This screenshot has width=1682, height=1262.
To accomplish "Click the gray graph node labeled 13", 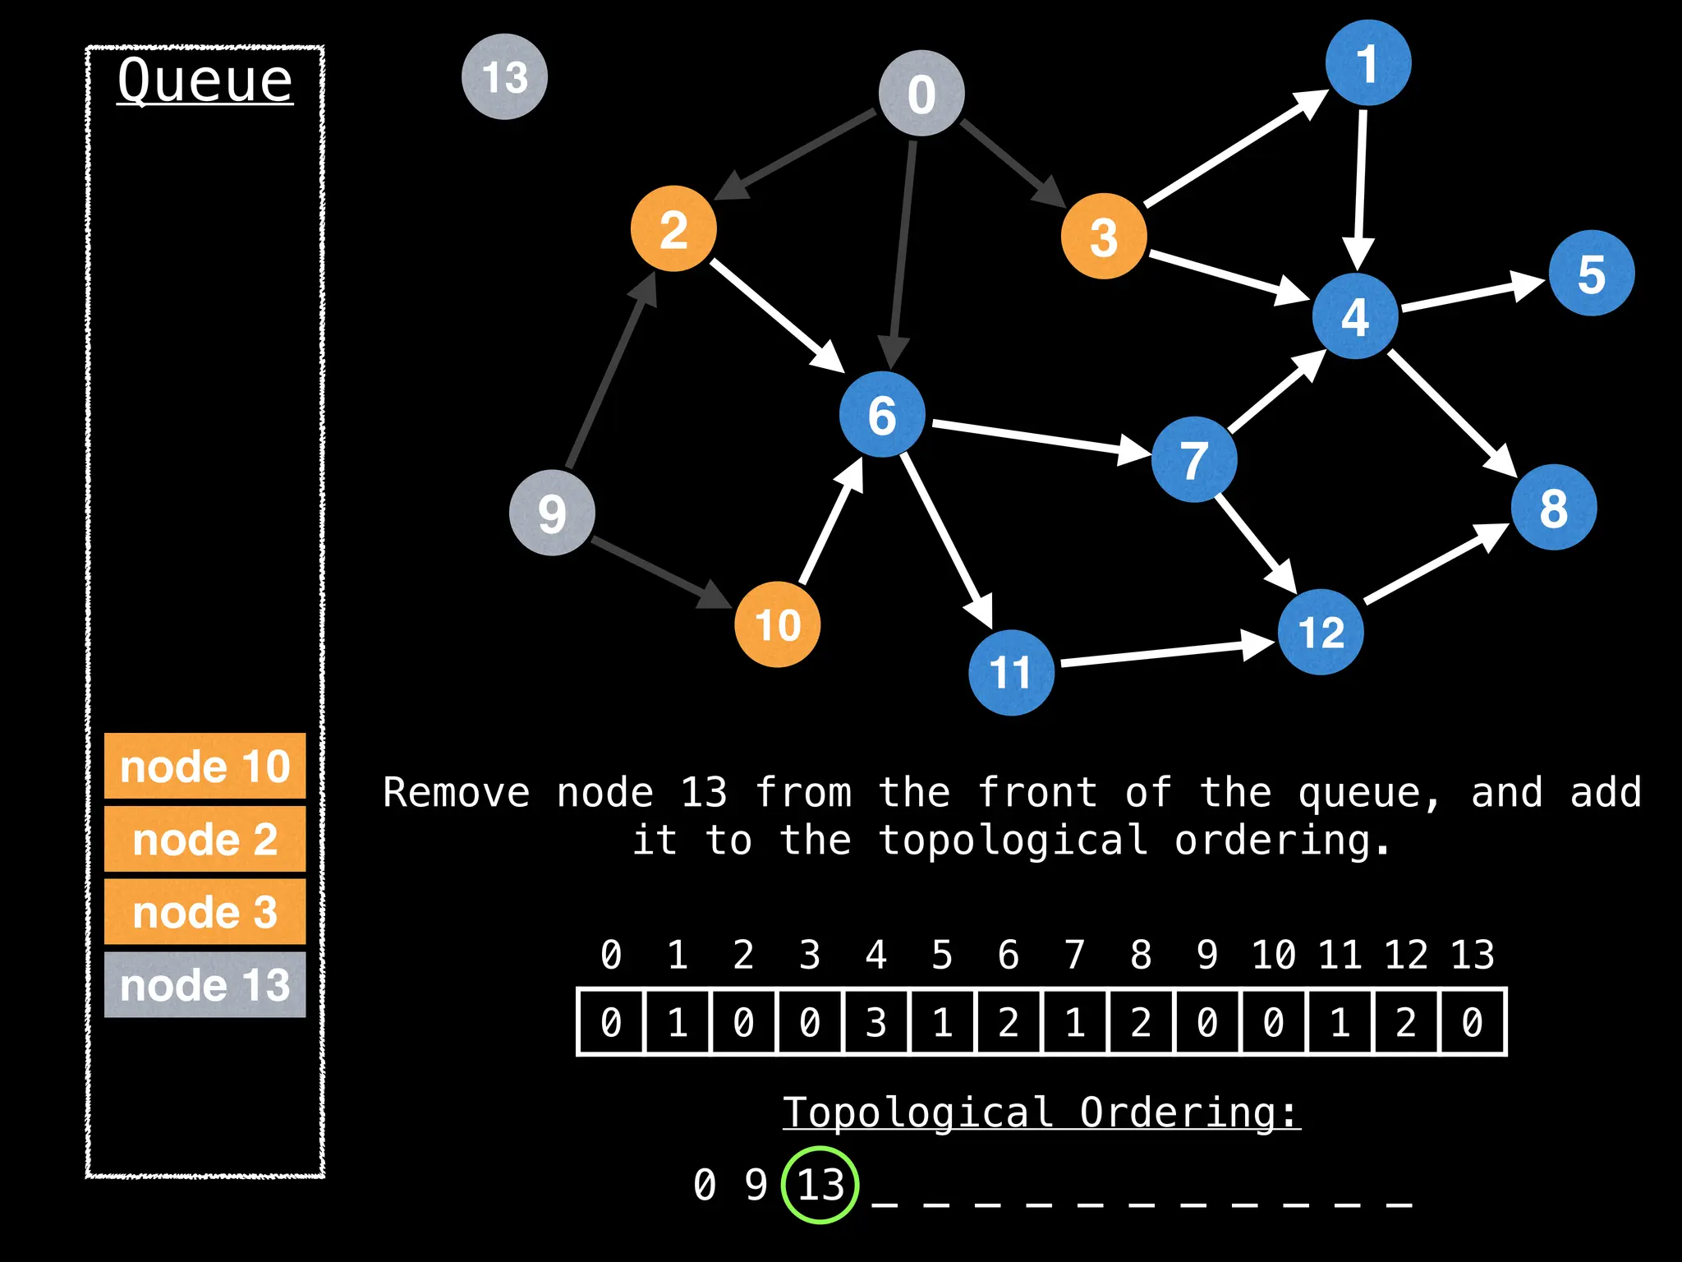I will tap(504, 77).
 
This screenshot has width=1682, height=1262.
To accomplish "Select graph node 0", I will tap(921, 93).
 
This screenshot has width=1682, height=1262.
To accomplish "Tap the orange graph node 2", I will tap(673, 228).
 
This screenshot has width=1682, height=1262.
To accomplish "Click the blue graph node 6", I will tap(882, 414).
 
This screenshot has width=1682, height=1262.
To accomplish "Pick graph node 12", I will tap(1321, 632).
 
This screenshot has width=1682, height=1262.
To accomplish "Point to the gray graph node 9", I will tap(552, 513).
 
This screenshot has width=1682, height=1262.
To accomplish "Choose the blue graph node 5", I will tap(1592, 274).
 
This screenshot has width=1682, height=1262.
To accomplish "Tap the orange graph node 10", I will tap(777, 624).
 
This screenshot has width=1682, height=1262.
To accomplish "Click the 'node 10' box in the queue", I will tap(205, 766).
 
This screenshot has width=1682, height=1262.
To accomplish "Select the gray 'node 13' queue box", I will tap(205, 984).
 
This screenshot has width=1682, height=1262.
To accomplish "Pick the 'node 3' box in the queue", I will tap(205, 911).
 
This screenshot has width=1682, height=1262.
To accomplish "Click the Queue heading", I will tap(205, 81).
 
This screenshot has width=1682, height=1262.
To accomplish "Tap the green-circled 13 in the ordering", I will tap(820, 1185).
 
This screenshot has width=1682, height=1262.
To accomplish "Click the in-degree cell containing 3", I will tap(876, 1022).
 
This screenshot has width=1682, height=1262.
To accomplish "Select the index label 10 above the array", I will tap(1273, 955).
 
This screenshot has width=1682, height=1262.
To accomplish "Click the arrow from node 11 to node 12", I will tap(1166, 652).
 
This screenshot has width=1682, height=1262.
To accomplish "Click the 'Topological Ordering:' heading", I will tap(1041, 1113).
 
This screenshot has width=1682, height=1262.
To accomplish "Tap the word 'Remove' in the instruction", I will tap(457, 793).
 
